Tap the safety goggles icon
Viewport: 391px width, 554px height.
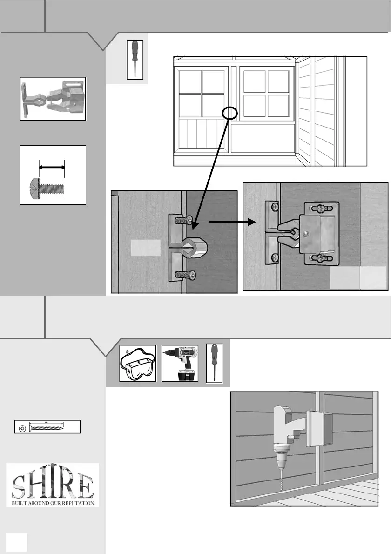tap(138, 363)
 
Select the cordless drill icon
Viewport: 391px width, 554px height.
tap(180, 363)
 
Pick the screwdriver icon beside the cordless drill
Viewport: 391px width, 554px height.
tap(214, 363)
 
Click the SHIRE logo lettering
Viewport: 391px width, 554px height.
tap(53, 481)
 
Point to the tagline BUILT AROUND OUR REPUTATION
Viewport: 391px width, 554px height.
tap(53, 502)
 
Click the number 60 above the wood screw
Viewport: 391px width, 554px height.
tap(47, 422)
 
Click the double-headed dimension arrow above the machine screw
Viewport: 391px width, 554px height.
tap(52, 166)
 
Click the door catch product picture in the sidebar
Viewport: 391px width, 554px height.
tap(53, 99)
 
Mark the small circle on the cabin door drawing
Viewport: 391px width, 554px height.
tap(230, 112)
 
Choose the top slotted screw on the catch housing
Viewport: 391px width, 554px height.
tap(320, 208)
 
